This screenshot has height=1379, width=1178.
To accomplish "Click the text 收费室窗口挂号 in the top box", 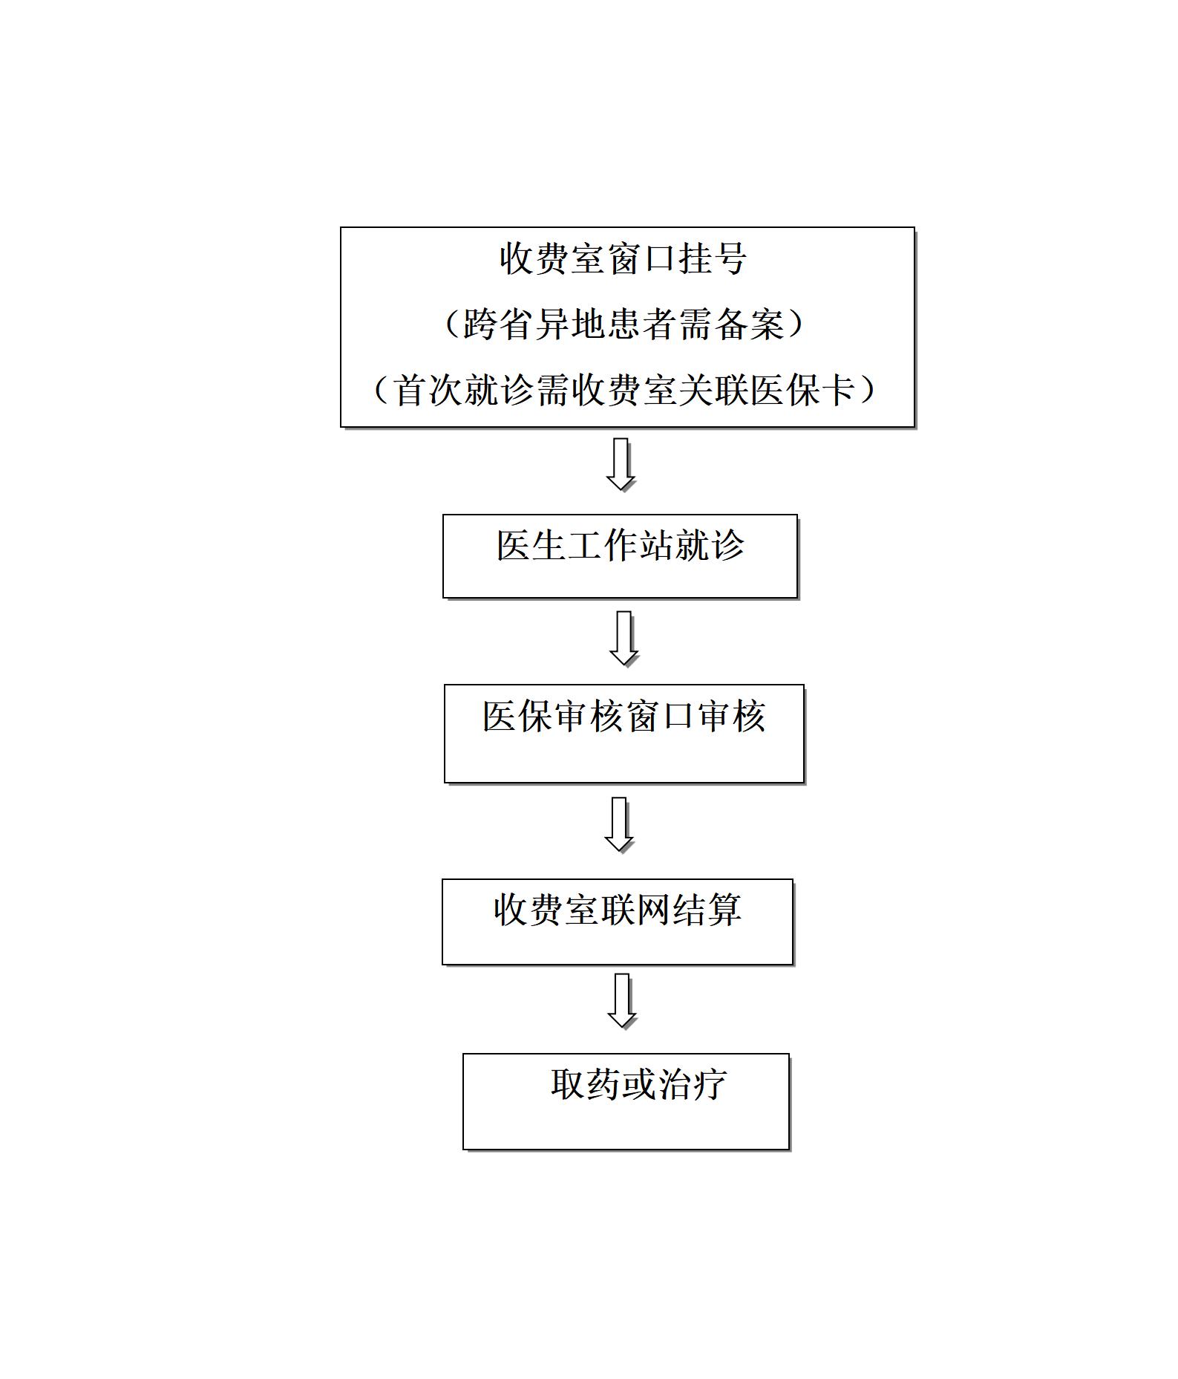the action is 623,258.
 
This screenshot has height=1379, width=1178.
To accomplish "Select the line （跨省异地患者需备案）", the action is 624,324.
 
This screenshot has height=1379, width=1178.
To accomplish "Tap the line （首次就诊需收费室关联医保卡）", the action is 624,389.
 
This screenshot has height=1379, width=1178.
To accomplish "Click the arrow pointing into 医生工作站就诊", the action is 621,464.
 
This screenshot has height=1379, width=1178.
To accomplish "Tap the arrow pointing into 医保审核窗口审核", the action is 624,639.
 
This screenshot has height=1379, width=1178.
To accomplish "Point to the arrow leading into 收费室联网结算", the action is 619,824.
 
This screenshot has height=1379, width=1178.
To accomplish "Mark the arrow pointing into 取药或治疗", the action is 622,1001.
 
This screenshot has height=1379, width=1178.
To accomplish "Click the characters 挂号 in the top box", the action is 711,258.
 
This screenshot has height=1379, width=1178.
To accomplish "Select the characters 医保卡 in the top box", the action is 804,389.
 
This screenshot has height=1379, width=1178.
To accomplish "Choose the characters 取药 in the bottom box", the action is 586,1083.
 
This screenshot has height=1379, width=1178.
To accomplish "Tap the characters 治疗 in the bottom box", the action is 693,1083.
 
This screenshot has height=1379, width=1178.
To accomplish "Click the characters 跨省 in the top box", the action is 498,324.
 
